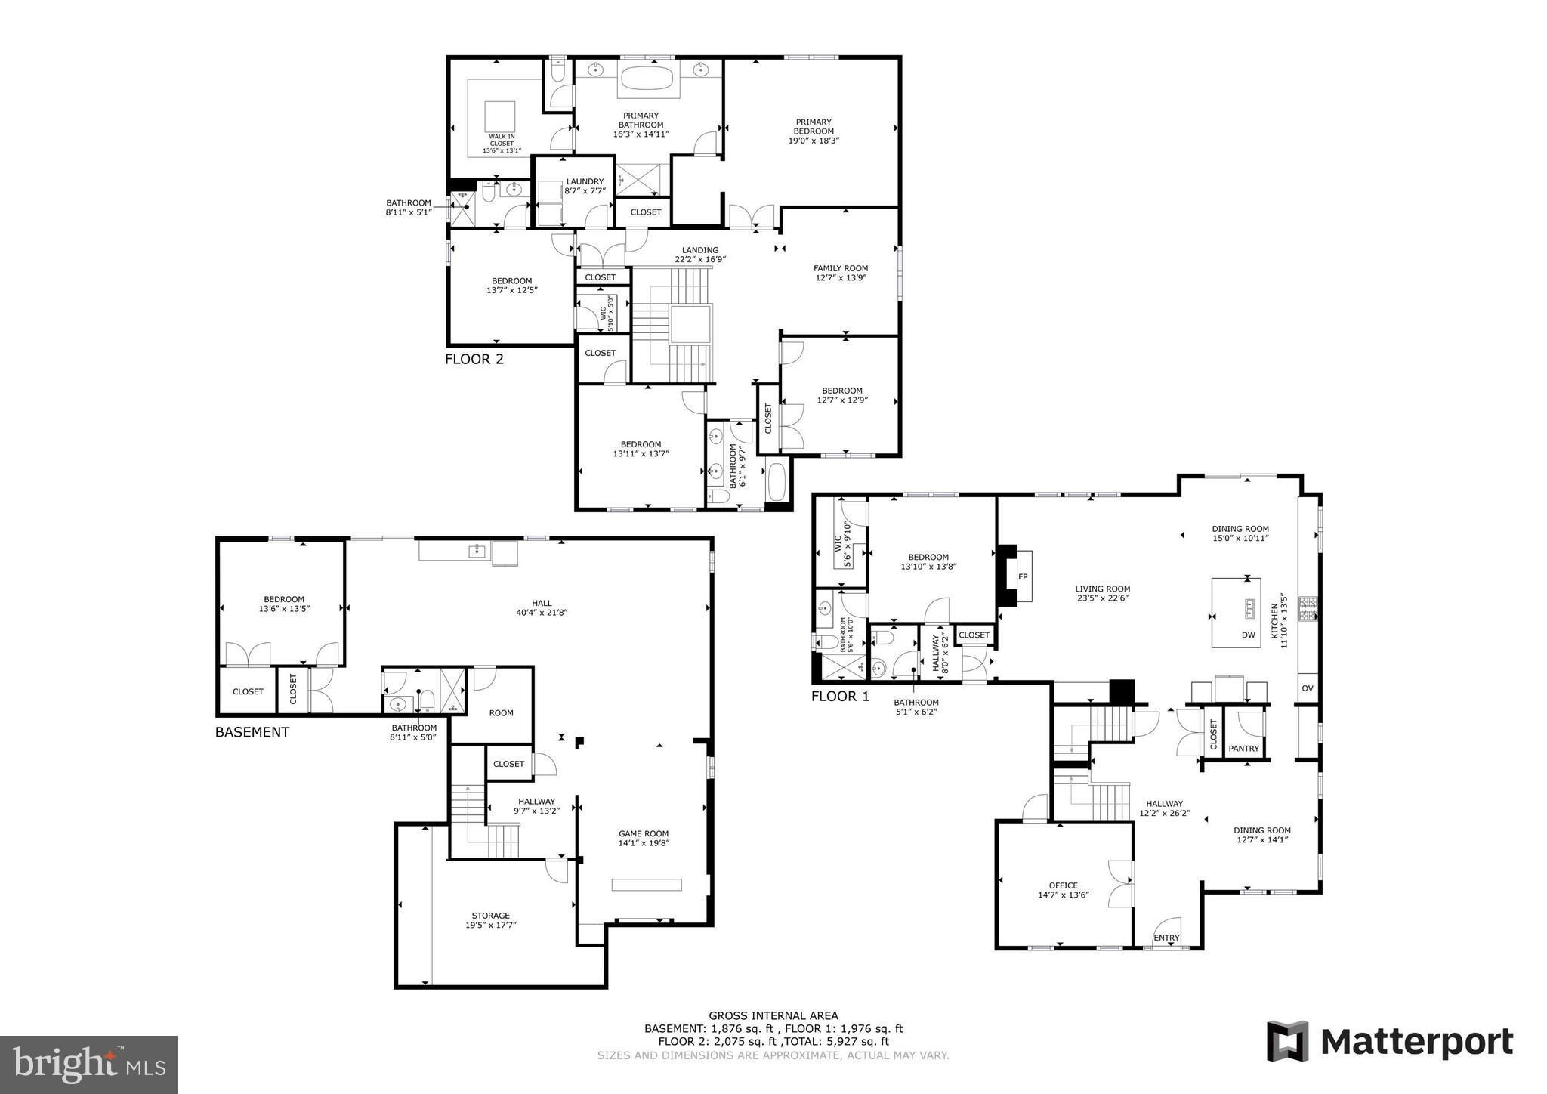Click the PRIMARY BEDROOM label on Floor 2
click(x=814, y=131)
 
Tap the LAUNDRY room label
click(x=585, y=186)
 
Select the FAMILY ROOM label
click(x=840, y=273)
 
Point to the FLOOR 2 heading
click(x=474, y=359)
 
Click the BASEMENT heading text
click(x=252, y=732)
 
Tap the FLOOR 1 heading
click(x=840, y=697)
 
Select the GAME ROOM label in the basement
click(x=644, y=839)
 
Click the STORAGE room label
click(x=491, y=920)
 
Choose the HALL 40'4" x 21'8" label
click(x=541, y=607)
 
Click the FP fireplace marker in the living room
click(x=1023, y=576)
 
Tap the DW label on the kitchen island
click(x=1248, y=635)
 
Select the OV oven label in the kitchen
click(x=1308, y=688)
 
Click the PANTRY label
click(x=1243, y=749)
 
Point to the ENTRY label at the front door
click(x=1166, y=938)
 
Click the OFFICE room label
click(x=1063, y=890)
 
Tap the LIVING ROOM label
click(x=1103, y=594)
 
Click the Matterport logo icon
click(x=1287, y=1041)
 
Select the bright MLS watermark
click(x=88, y=1065)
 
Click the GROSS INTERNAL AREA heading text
click(x=773, y=1016)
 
